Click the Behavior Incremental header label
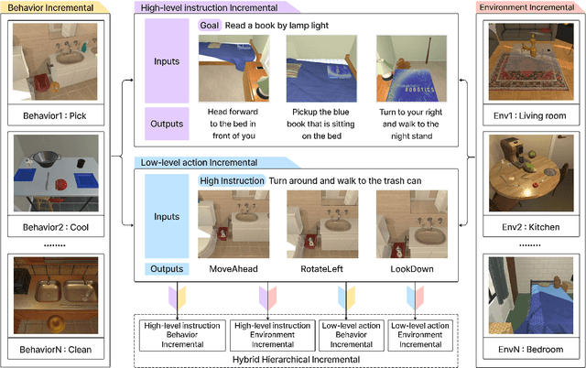[51, 7]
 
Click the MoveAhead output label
[232, 270]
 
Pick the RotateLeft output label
[320, 270]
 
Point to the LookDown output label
[408, 270]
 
